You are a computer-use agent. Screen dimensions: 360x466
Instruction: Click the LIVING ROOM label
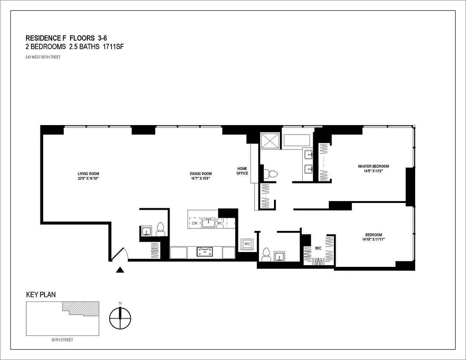coord(88,174)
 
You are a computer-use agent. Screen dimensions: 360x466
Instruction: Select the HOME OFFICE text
coord(242,171)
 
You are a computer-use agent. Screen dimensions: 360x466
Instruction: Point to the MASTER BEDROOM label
coord(373,166)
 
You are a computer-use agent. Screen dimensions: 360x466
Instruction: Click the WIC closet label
coord(318,248)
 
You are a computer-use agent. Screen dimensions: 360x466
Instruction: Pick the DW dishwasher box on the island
coord(195,223)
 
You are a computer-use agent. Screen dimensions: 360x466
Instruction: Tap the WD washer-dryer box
coord(247,244)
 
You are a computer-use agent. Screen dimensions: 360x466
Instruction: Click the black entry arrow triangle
coord(120,270)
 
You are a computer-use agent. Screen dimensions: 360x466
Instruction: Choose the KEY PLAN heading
coord(41,295)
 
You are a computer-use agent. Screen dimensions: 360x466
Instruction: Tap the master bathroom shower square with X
coord(271,140)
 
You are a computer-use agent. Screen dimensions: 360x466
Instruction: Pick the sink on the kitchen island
coord(208,223)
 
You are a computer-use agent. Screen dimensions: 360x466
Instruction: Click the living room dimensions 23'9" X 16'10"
coord(88,179)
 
